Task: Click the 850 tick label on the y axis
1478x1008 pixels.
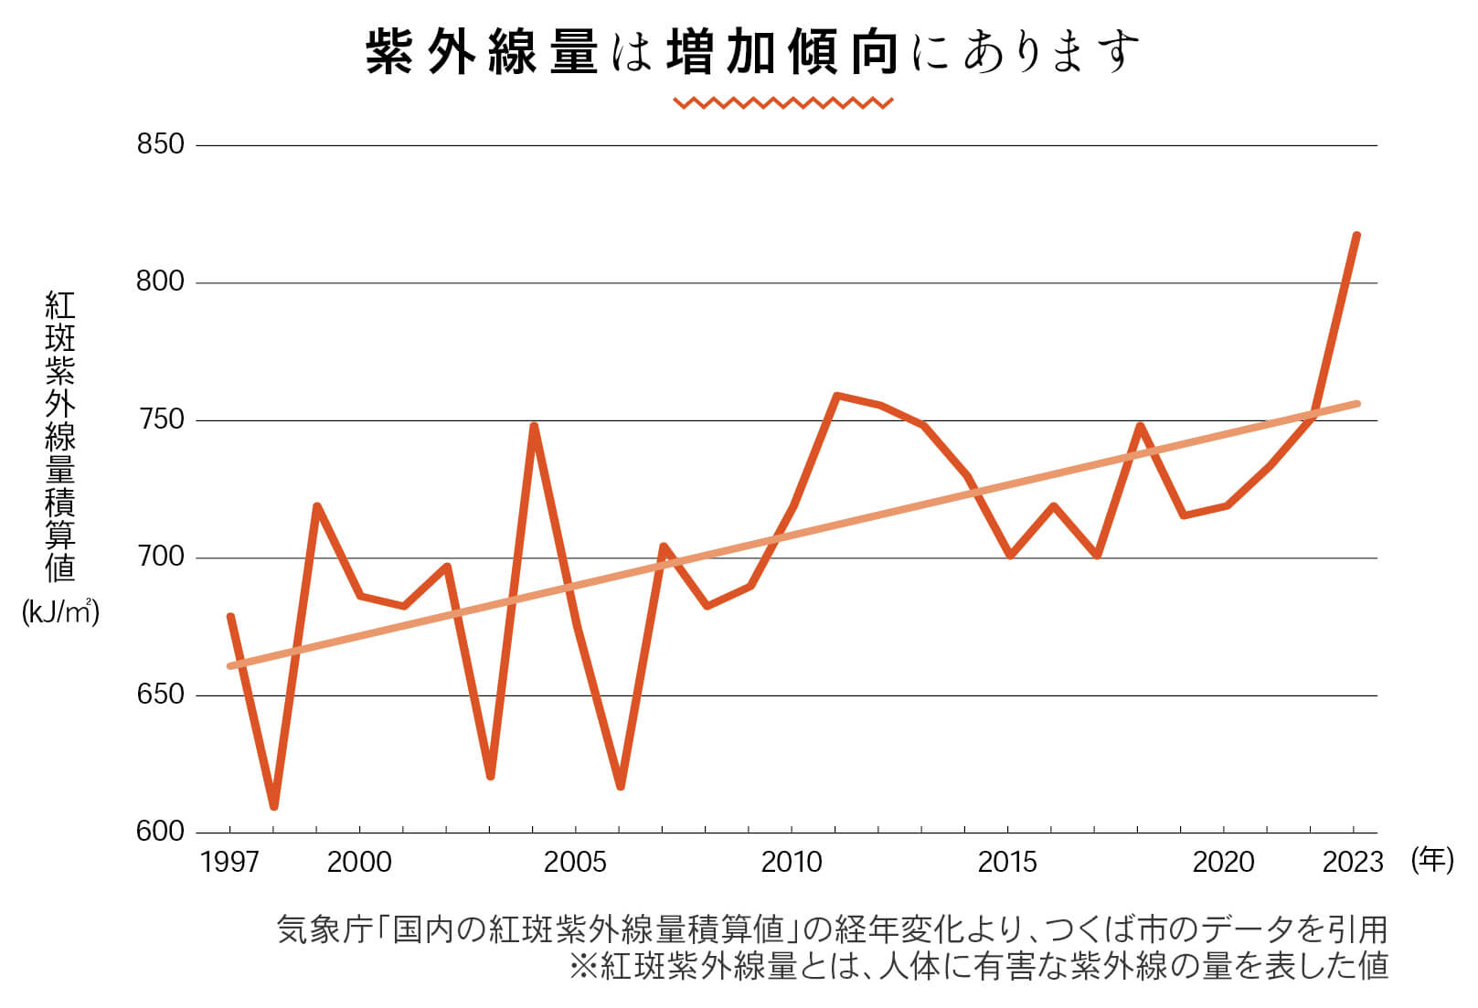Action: (160, 144)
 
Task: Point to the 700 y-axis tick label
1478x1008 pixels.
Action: (160, 557)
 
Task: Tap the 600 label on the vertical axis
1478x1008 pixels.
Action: (160, 832)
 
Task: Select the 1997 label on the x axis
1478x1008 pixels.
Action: (229, 862)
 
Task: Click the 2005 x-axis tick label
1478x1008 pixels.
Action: (575, 862)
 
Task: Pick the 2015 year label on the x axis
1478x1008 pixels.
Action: (1007, 862)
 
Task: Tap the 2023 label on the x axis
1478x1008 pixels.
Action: (1353, 862)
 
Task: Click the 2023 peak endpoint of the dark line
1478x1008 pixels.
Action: (1356, 236)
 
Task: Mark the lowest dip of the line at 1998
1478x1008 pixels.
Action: (273, 807)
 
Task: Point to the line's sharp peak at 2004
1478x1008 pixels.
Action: (534, 426)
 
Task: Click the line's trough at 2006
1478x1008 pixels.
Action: (620, 786)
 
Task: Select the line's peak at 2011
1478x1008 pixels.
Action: (836, 396)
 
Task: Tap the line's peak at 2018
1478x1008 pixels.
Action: (1140, 426)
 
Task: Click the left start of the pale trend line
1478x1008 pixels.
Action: (230, 665)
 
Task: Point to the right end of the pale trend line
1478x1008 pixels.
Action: (1357, 403)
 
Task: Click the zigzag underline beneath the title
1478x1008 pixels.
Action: (782, 102)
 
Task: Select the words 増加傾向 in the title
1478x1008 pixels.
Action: (782, 53)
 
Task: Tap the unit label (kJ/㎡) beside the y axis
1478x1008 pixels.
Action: (60, 612)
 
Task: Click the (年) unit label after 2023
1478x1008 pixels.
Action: (1431, 860)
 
